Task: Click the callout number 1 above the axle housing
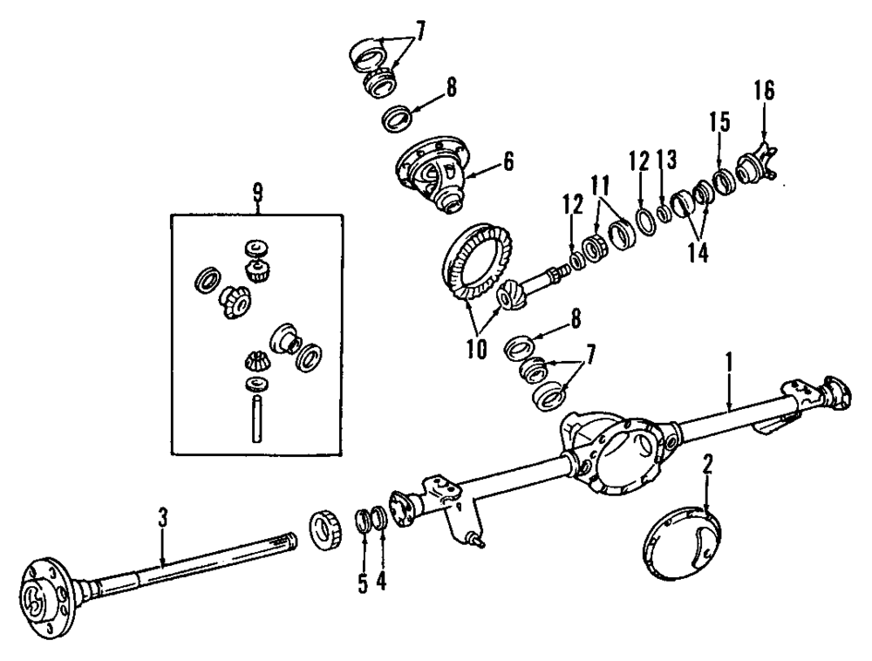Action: [x=729, y=360]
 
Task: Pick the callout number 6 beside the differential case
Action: [x=508, y=161]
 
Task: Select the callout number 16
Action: [x=764, y=91]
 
